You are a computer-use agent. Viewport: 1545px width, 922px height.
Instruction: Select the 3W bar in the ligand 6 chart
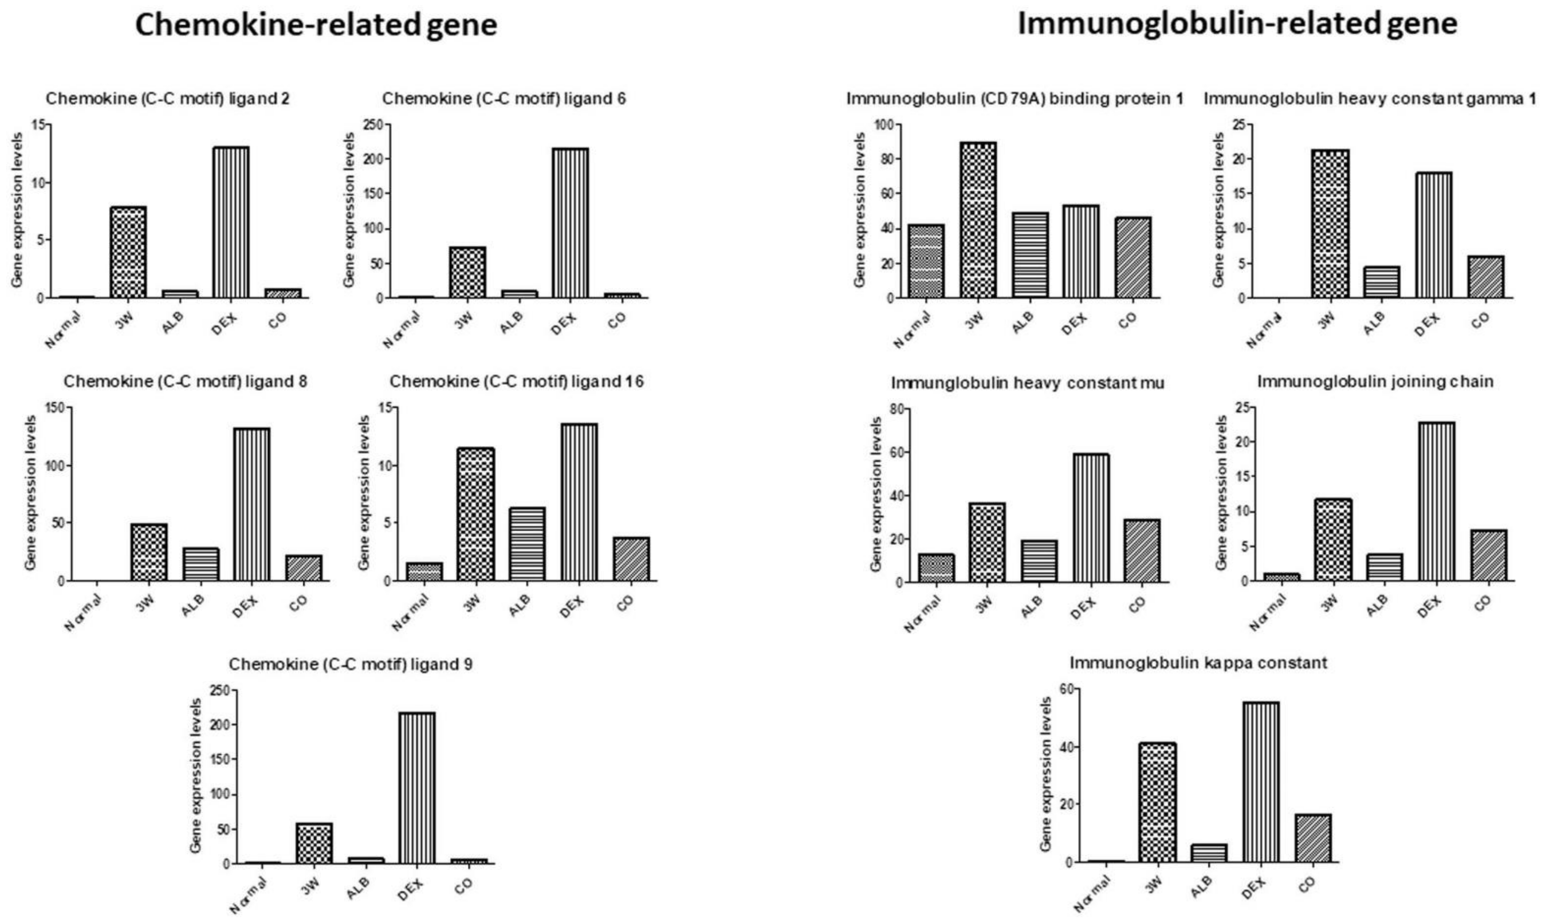click(x=467, y=272)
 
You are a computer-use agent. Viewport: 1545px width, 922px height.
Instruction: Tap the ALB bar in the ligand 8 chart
click(x=200, y=564)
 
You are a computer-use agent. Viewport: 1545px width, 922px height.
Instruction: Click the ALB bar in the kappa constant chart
click(x=1209, y=853)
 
